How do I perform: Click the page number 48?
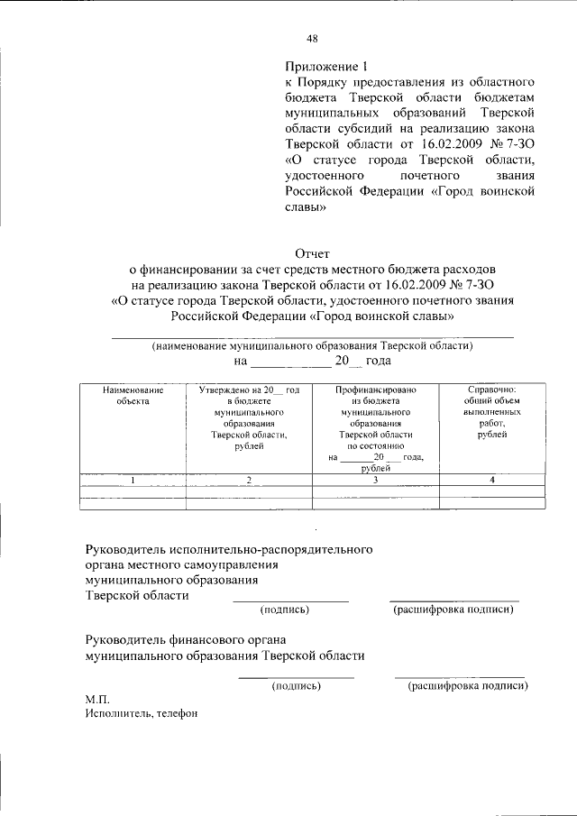311,38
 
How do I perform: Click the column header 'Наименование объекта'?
133,396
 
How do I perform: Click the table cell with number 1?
133,480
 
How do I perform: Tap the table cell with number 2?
246,480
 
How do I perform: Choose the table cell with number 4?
492,480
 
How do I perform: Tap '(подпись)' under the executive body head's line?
284,610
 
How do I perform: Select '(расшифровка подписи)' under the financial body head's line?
467,686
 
